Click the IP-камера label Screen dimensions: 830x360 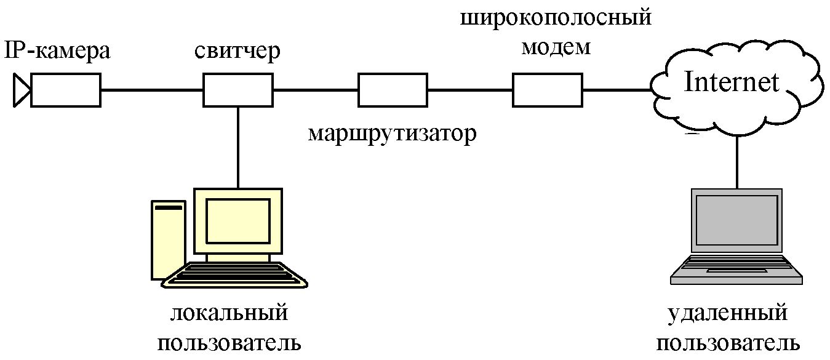click(57, 50)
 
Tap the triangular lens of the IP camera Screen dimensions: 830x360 click(21, 90)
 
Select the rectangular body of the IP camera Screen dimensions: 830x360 click(66, 90)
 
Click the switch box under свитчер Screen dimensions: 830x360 click(238, 90)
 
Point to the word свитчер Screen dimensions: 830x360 click(237, 51)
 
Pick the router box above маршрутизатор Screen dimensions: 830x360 click(393, 90)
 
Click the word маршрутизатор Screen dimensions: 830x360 click(392, 134)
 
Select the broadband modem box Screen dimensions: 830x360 click(548, 90)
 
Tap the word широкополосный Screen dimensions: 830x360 click(556, 18)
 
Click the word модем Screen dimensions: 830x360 click(556, 48)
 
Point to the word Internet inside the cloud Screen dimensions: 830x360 click(731, 82)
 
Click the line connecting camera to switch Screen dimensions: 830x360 click(152, 90)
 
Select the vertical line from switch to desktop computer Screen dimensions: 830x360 click(238, 148)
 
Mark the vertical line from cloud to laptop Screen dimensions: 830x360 click(737, 162)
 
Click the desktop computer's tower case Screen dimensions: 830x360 click(169, 240)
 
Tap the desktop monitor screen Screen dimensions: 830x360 click(238, 221)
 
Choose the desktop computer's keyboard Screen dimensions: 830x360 click(234, 275)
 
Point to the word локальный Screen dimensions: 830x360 click(229, 313)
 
